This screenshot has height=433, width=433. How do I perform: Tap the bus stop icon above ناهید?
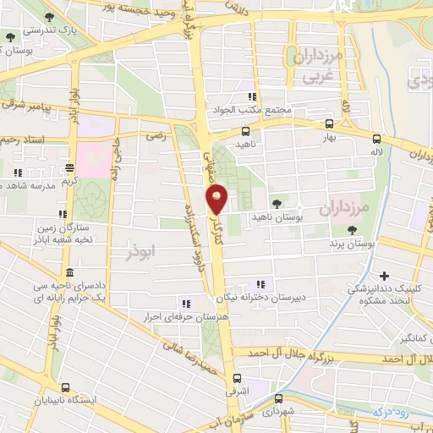(x=245, y=131)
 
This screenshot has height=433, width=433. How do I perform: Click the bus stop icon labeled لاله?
(x=376, y=138)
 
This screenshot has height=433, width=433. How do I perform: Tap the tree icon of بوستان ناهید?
(x=277, y=203)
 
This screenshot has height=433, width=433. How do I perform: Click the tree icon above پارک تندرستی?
(x=49, y=16)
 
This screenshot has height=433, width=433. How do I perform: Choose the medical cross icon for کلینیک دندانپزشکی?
(x=385, y=275)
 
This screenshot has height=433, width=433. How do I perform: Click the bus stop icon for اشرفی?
(x=235, y=379)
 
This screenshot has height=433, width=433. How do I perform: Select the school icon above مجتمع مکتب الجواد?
(x=250, y=96)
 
